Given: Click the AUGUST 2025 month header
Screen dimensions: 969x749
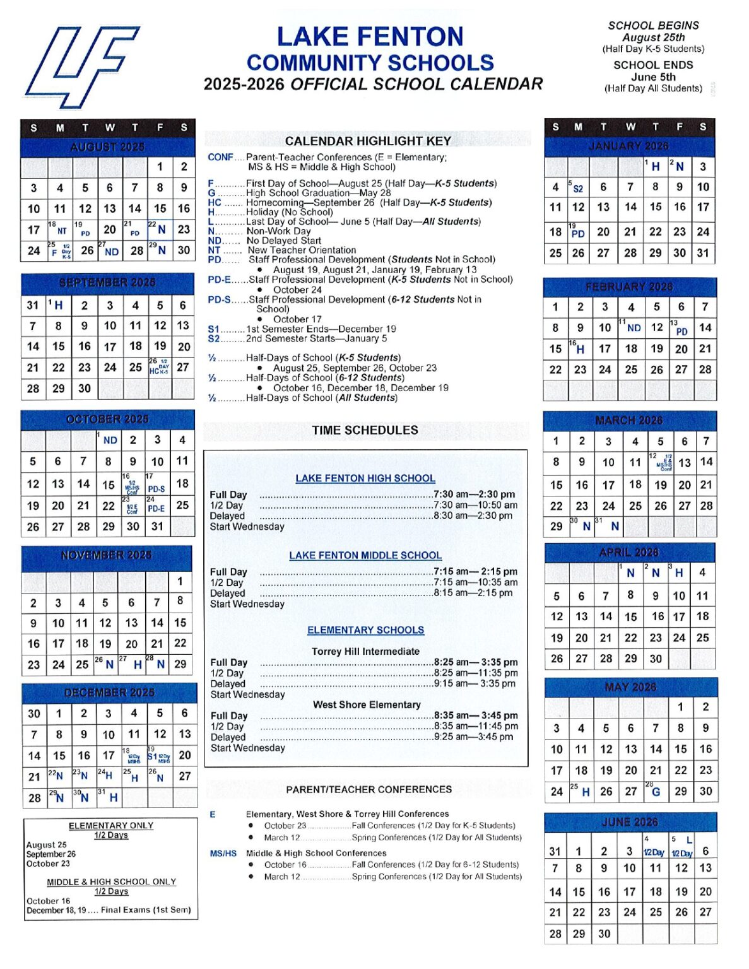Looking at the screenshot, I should coord(107,147).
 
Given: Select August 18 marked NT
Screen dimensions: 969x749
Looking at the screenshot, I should coord(59,229).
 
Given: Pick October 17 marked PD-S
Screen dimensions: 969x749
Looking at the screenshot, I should coord(156,484).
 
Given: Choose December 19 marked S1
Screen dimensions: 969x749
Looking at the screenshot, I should coord(158,755).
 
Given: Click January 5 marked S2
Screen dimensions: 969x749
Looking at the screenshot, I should coord(577,187).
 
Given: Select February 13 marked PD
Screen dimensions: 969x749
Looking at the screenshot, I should coord(680,327).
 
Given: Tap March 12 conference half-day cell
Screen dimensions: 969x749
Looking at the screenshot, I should coord(661,462).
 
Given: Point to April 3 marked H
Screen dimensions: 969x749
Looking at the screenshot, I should coord(677,573).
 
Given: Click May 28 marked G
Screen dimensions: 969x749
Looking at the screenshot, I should coord(655,791).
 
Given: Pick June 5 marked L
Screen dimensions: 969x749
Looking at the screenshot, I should coord(681,847).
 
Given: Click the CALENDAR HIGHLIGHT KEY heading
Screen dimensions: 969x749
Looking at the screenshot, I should coord(368,141).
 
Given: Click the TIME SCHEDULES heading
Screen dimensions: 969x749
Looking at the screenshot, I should coord(365,430).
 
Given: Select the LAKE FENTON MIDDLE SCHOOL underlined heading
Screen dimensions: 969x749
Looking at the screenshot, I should coord(365,556).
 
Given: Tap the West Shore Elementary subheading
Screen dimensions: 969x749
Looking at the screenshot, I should coord(367,705).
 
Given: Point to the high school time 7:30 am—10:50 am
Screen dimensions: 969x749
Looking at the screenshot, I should coord(475,505).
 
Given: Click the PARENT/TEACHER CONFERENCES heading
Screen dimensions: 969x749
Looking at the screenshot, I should coord(369,789).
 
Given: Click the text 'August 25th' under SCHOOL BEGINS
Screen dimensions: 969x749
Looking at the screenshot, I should coord(653,37).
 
